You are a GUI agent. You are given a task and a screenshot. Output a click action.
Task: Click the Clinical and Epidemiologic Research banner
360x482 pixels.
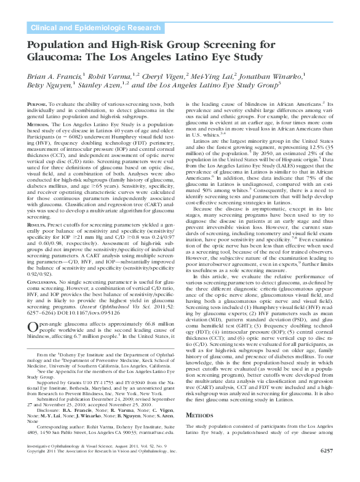(96, 28)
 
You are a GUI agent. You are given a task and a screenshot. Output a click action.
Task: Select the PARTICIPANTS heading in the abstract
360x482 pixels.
(45, 141)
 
